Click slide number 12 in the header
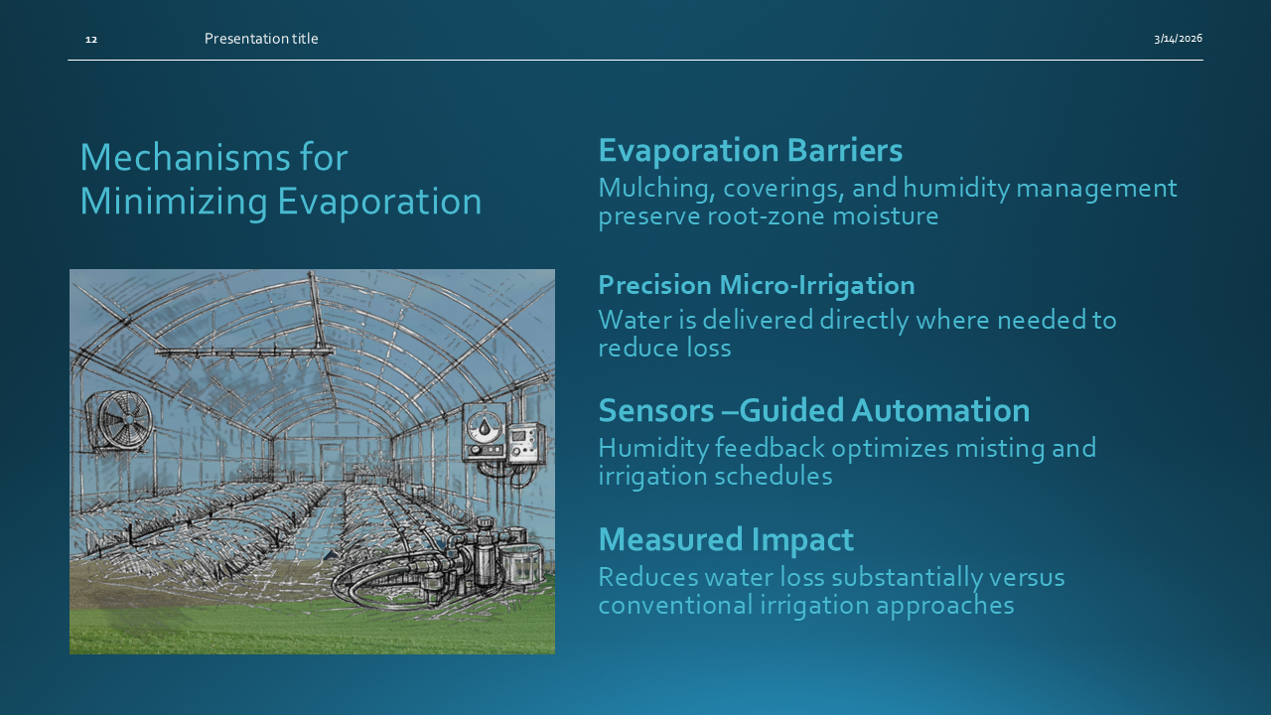pyautogui.click(x=91, y=39)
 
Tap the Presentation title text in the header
pyautogui.click(x=261, y=39)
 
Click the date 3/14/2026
pyautogui.click(x=1178, y=39)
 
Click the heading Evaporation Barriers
pyautogui.click(x=750, y=151)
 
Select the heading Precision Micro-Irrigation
pyautogui.click(x=756, y=285)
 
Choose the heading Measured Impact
pyautogui.click(x=725, y=539)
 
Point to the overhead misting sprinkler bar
pyautogui.click(x=243, y=352)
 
